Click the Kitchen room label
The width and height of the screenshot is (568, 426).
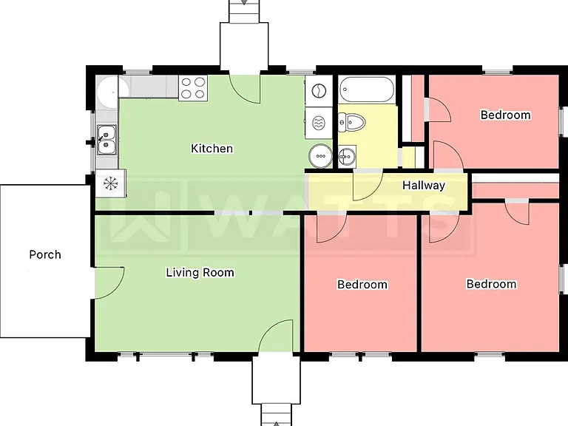pyautogui.click(x=212, y=149)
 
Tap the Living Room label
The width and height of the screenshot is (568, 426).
pyautogui.click(x=200, y=272)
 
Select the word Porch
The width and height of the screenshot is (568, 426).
pyautogui.click(x=45, y=254)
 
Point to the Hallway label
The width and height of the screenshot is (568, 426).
pyautogui.click(x=424, y=186)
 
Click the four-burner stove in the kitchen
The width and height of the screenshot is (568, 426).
pyautogui.click(x=193, y=88)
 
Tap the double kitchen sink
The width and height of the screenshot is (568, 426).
pyautogui.click(x=106, y=140)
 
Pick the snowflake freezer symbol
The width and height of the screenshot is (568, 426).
pyautogui.click(x=110, y=183)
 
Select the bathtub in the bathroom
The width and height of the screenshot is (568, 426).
pyautogui.click(x=367, y=89)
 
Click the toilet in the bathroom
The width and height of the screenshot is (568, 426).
pyautogui.click(x=351, y=122)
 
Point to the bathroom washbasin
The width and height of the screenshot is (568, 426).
pyautogui.click(x=347, y=157)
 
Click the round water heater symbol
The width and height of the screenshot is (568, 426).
pyautogui.click(x=320, y=156)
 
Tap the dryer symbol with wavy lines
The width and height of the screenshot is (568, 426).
pyautogui.click(x=319, y=123)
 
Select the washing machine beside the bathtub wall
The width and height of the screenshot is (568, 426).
pyautogui.click(x=319, y=90)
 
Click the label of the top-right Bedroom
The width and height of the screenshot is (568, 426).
pyautogui.click(x=506, y=115)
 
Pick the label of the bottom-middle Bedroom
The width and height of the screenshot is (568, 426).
pyautogui.click(x=362, y=284)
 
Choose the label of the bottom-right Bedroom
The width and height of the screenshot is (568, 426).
pyautogui.click(x=492, y=284)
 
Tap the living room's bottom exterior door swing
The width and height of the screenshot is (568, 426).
pyautogui.click(x=268, y=328)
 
